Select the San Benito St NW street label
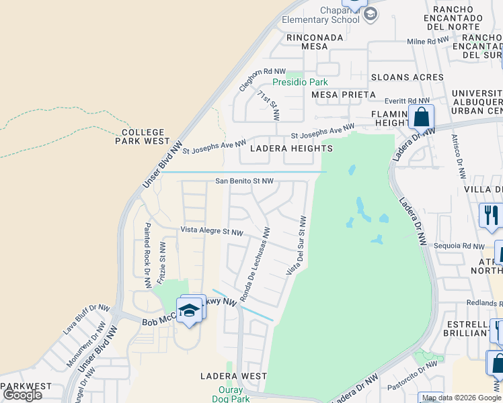[244, 181]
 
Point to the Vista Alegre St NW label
[211, 231]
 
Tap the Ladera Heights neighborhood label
[291, 148]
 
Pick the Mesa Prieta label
[339, 95]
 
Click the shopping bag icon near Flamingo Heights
[420, 117]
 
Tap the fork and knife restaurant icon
[490, 215]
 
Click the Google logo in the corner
[22, 394]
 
